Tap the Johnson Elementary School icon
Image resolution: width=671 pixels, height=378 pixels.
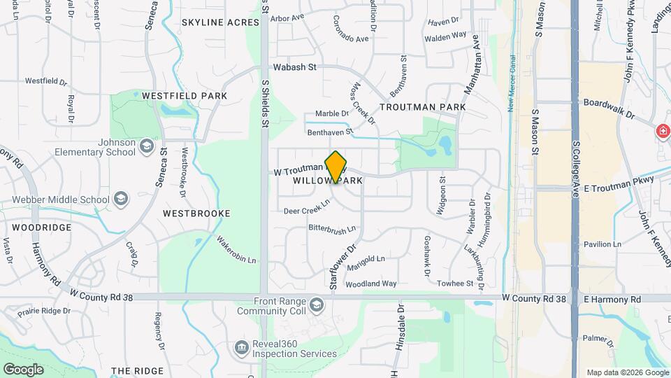147,146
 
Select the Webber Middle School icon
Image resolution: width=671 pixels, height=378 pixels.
121,199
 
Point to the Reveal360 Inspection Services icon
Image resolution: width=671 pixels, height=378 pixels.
242,347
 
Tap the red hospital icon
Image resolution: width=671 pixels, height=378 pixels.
662,132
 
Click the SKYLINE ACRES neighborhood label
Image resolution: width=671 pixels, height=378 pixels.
220,22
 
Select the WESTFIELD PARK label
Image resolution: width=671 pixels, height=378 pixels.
185,95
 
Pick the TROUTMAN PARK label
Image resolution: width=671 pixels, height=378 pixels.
422,107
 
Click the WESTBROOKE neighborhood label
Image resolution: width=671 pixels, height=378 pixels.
196,212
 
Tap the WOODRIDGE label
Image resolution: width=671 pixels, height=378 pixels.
41,228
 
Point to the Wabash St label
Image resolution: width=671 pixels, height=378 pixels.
294,67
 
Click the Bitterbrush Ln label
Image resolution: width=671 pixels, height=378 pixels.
333,228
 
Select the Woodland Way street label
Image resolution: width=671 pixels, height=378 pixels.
371,283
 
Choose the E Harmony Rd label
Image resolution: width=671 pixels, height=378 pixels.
612,299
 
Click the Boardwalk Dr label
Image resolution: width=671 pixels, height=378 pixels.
608,108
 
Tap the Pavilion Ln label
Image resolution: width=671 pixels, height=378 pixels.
603,244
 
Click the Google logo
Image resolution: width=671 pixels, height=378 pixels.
24,369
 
